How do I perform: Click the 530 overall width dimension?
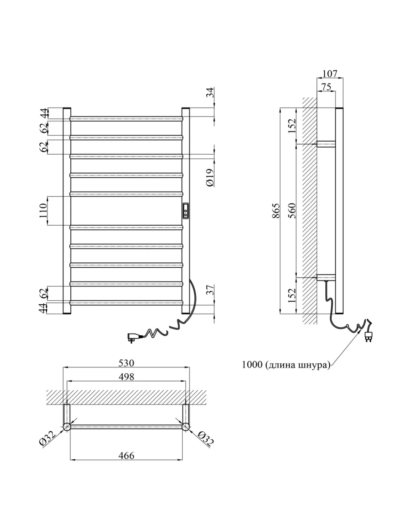tap(126, 363)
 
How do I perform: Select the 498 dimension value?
tap(126, 376)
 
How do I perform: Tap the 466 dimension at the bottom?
tap(126, 455)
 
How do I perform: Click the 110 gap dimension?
tap(43, 211)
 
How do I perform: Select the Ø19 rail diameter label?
tap(210, 177)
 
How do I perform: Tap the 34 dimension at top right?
tap(210, 92)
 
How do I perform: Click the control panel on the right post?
tap(185, 211)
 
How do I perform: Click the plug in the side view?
tap(368, 335)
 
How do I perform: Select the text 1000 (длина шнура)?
tap(286, 365)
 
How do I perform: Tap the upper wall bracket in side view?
tap(326, 144)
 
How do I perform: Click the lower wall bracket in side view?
tap(326, 277)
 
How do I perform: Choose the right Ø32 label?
tap(205, 438)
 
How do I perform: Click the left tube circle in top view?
tap(67, 427)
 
